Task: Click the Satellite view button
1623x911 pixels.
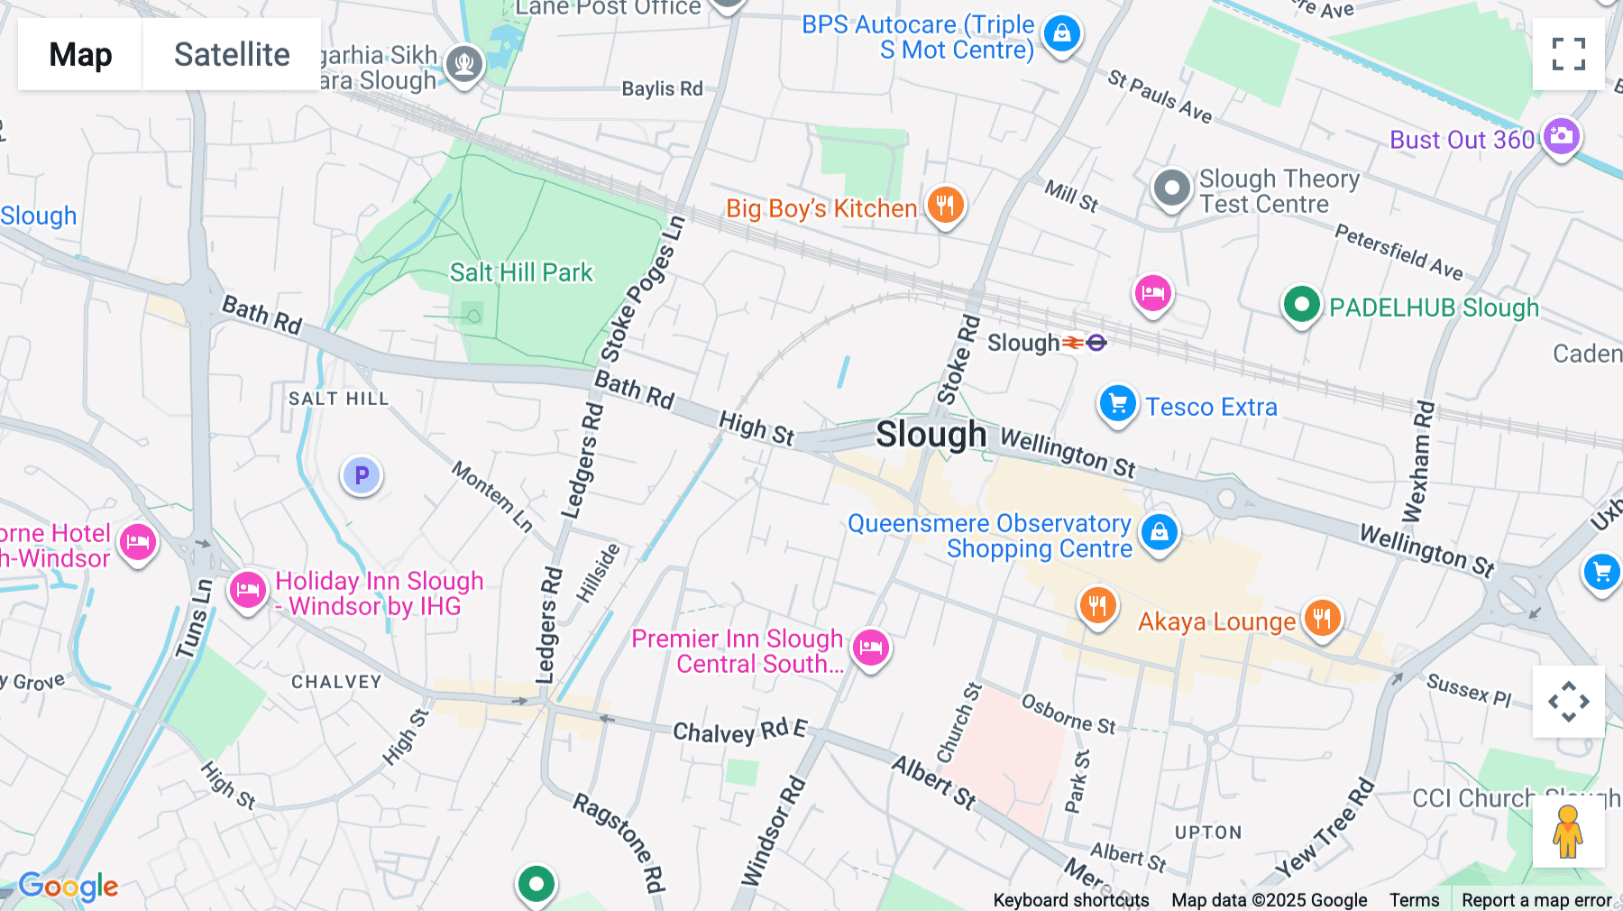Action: click(x=232, y=54)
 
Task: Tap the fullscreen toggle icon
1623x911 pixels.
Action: click(x=1568, y=54)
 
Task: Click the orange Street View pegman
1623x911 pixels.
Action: click(x=1567, y=832)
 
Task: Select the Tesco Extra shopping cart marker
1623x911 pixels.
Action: click(x=1118, y=404)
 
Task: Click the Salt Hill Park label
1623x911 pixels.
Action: click(x=521, y=272)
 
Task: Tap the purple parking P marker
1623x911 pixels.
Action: click(x=362, y=475)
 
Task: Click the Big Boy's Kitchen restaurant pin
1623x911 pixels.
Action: click(x=944, y=206)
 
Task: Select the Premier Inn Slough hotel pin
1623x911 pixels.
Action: click(x=870, y=648)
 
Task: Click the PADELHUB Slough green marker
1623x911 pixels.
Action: click(x=1301, y=305)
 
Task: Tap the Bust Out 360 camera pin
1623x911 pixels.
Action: click(x=1561, y=137)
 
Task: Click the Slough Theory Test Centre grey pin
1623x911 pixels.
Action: click(x=1171, y=189)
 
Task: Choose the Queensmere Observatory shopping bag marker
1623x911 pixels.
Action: click(x=1160, y=532)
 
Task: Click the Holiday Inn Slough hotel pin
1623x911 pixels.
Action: click(x=247, y=591)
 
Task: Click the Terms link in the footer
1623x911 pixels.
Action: click(x=1414, y=900)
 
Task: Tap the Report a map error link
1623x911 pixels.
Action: click(x=1536, y=900)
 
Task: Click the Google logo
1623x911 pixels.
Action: click(x=69, y=887)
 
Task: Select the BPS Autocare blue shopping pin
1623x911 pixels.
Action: click(x=1061, y=34)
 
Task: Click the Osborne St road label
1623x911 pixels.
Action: click(x=1068, y=713)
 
